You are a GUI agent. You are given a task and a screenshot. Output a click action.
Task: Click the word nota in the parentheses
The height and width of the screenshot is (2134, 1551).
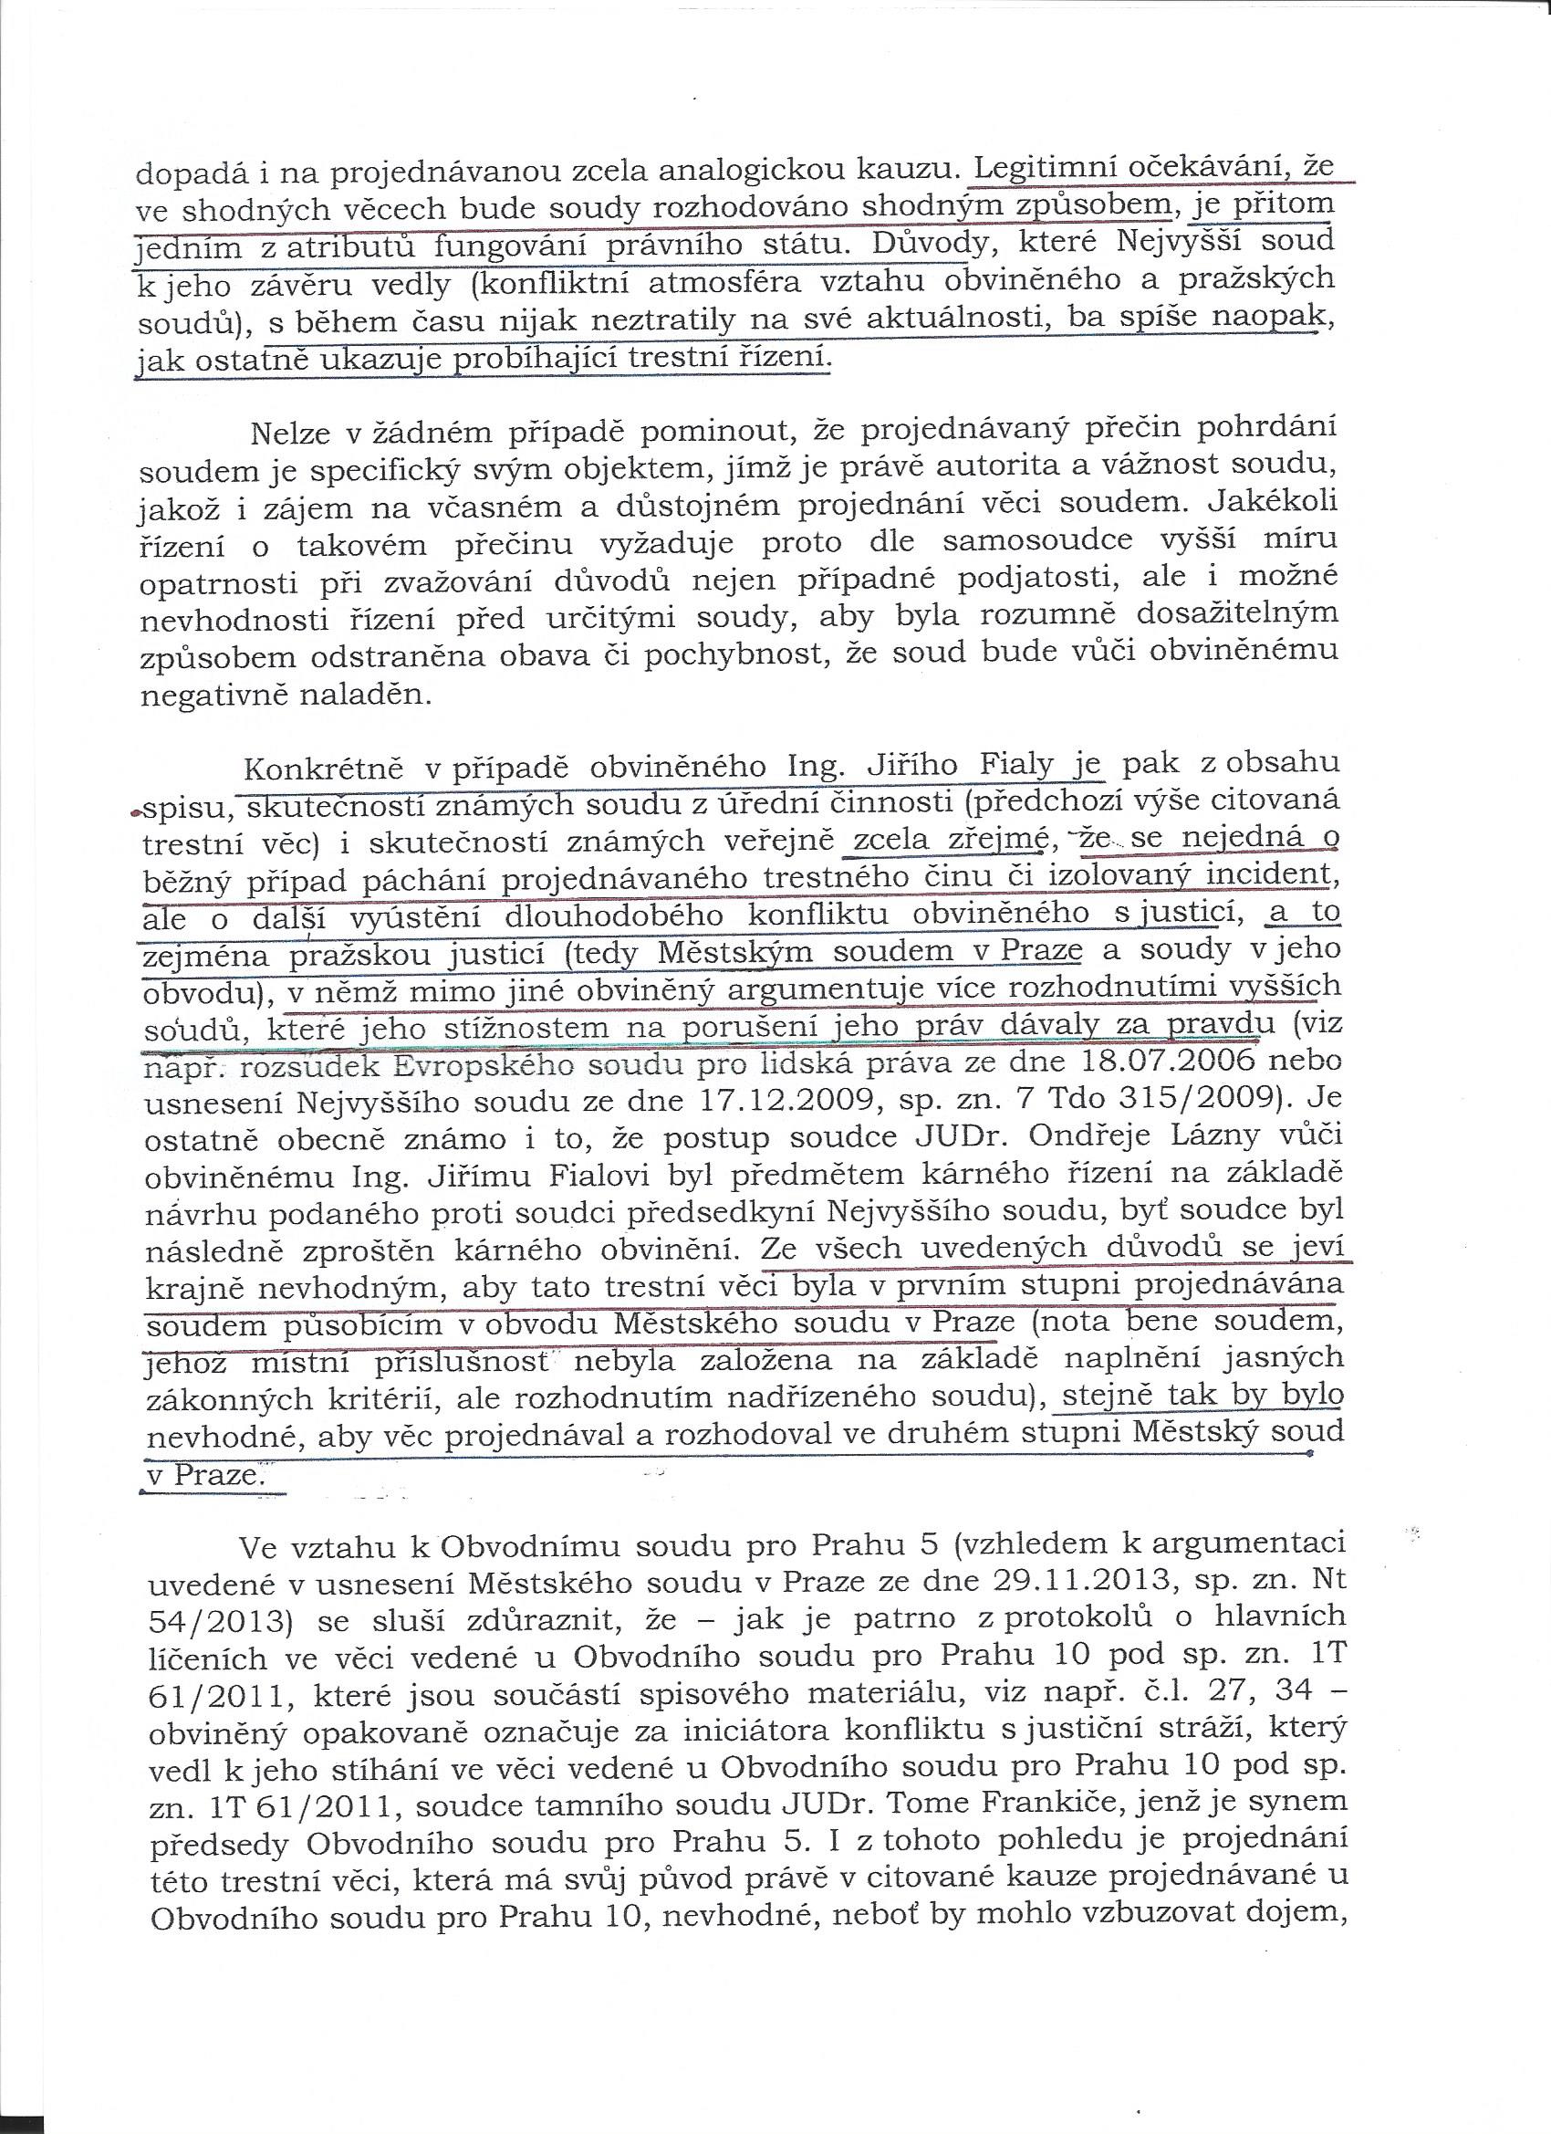click(1075, 1322)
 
